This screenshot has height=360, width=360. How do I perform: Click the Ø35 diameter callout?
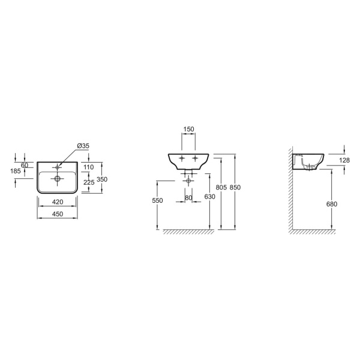tap(83, 146)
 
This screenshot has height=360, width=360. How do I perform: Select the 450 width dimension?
tap(58, 214)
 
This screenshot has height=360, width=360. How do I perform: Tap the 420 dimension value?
tap(58, 202)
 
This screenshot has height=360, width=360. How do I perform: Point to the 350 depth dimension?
tap(102, 179)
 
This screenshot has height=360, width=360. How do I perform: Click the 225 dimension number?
tap(89, 182)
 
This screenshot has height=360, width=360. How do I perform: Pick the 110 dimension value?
tap(89, 167)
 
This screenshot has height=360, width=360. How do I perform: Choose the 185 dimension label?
tap(16, 171)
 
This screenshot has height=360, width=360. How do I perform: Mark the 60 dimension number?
tap(25, 165)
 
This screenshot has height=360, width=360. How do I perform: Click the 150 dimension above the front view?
tap(189, 129)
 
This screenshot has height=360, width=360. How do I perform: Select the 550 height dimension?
tap(157, 200)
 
